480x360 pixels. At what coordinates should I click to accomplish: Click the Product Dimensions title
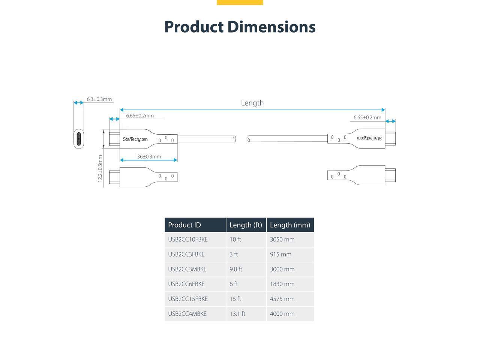(240, 27)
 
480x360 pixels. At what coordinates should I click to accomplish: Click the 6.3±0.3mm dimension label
(99, 99)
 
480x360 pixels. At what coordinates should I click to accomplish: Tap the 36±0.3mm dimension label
(149, 157)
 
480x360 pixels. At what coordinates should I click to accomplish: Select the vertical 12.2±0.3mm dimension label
(100, 168)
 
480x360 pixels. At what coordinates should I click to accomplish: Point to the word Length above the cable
(252, 103)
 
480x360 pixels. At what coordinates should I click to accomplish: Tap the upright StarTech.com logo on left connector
(135, 139)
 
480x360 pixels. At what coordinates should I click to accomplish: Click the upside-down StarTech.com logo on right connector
(369, 138)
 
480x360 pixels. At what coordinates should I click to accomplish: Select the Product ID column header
(184, 225)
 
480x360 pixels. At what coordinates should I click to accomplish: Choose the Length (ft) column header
(246, 225)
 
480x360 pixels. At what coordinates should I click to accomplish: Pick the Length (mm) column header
(290, 225)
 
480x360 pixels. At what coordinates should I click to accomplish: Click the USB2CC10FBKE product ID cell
(188, 240)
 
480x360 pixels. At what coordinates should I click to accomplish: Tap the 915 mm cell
(280, 254)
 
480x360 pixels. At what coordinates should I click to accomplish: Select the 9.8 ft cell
(236, 269)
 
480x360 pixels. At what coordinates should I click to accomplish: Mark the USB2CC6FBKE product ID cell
(186, 284)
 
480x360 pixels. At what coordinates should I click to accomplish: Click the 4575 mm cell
(282, 299)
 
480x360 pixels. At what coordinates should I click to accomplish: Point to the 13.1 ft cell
(237, 314)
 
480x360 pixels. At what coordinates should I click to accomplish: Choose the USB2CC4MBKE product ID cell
(187, 314)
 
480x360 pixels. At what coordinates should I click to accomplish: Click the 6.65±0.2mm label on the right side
(367, 118)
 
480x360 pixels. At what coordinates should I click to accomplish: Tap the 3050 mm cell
(282, 240)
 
